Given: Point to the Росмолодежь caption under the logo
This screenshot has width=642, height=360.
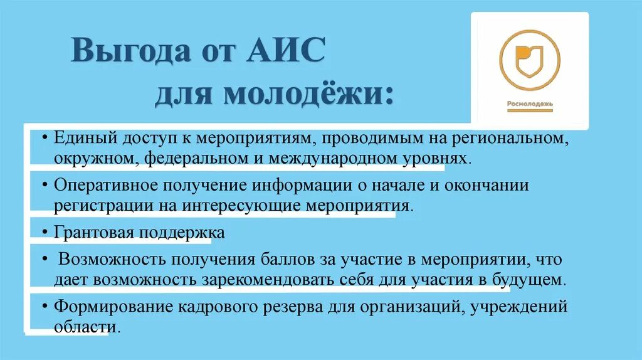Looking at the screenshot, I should coord(529,104).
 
